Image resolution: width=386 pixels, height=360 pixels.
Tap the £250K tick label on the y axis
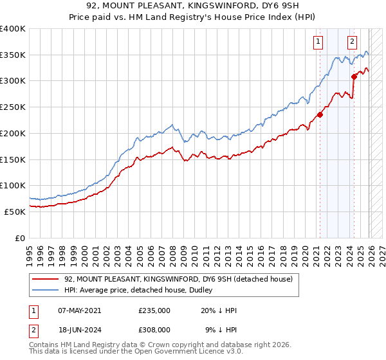tap(13, 107)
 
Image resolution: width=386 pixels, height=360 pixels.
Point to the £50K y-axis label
tap(15, 212)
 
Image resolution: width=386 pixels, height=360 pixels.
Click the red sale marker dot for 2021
tap(320, 116)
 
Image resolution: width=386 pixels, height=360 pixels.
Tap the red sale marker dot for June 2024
tap(354, 77)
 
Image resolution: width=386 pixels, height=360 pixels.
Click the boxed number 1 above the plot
tap(318, 42)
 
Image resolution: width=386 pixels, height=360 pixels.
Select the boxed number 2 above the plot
tap(353, 42)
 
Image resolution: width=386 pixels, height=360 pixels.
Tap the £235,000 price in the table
tap(154, 310)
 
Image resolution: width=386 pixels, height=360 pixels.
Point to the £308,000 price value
tap(154, 328)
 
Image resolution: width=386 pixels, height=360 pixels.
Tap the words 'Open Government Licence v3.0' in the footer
tap(186, 352)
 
